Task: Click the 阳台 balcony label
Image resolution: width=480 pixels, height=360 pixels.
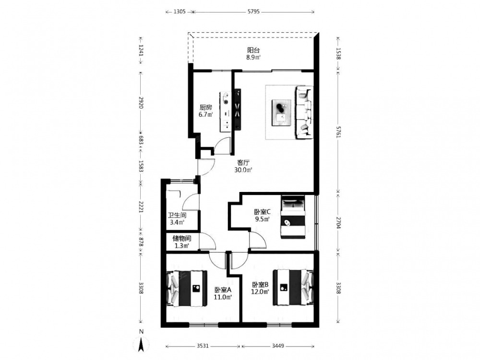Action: (x=253, y=50)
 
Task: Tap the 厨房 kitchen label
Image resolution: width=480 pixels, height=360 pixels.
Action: (x=206, y=108)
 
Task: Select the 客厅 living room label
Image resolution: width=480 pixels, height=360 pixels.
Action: (x=243, y=163)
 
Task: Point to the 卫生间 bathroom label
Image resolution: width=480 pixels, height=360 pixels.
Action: (x=177, y=215)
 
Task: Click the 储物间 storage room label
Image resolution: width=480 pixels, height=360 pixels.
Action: (x=182, y=238)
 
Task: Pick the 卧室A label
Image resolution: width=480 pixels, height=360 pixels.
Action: (x=223, y=289)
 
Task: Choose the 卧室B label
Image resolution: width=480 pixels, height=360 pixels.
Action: (x=260, y=284)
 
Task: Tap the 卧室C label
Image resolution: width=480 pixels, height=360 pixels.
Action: (x=263, y=212)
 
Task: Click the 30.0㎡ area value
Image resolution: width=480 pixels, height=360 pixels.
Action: (x=243, y=170)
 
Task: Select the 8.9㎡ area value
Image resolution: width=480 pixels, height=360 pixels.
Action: (x=253, y=57)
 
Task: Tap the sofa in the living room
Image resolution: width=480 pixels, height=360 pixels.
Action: (x=304, y=113)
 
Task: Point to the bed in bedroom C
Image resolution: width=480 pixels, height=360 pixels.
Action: (x=293, y=217)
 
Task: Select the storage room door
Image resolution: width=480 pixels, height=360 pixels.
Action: (x=208, y=242)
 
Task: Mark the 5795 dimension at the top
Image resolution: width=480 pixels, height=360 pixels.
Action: (x=253, y=12)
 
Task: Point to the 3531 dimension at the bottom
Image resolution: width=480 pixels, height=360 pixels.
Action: (x=203, y=346)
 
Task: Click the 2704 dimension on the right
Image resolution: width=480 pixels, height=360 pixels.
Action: (x=338, y=223)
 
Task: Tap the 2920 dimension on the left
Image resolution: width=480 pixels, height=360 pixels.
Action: (x=141, y=103)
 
